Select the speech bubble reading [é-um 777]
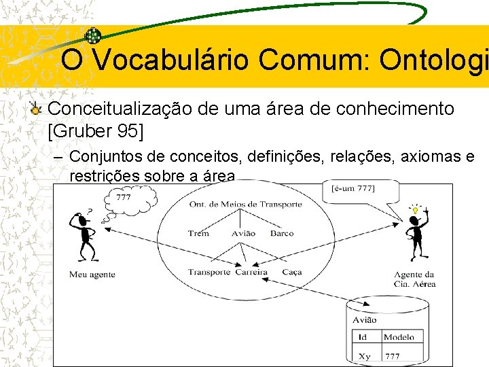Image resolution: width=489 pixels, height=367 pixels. [x=353, y=188]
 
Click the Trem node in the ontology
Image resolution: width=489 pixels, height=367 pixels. [x=198, y=233]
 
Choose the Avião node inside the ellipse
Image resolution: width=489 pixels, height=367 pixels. [x=243, y=233]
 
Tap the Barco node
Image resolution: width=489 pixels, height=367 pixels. [x=282, y=233]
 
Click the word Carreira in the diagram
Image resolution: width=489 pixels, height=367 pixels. [x=251, y=272]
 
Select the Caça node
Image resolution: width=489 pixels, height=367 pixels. [x=291, y=272]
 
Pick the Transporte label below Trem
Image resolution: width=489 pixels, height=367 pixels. [x=209, y=272]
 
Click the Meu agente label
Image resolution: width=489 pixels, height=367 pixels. [x=92, y=275]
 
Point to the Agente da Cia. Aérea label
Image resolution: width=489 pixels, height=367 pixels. [x=414, y=279]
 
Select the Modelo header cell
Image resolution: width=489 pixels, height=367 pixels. [x=399, y=337]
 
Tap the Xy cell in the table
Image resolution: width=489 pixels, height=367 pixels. [x=365, y=355]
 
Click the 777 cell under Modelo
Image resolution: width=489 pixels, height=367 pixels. [x=393, y=355]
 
